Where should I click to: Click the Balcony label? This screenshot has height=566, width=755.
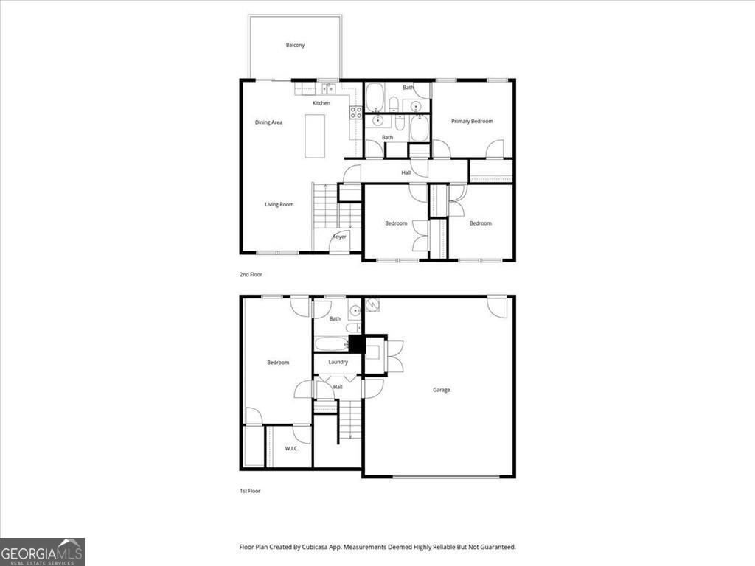295,46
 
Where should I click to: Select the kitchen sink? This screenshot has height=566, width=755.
328,89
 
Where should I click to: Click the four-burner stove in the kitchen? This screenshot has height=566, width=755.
355,113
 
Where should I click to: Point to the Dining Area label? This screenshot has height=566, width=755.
268,122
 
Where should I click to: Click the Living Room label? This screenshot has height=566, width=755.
279,204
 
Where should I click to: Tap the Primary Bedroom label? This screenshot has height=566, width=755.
472,121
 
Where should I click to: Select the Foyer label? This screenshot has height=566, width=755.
340,237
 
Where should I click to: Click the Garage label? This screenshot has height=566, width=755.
441,390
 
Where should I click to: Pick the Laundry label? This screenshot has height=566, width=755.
338,362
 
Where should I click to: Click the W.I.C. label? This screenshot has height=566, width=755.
291,448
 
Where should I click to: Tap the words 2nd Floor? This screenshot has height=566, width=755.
251,274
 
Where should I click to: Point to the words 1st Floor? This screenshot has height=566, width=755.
250,491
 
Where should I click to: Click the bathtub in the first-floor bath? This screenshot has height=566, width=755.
331,344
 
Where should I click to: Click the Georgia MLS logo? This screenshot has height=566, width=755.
42,552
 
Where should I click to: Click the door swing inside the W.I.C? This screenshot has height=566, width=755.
302,433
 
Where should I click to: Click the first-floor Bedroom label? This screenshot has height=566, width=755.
278,363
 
